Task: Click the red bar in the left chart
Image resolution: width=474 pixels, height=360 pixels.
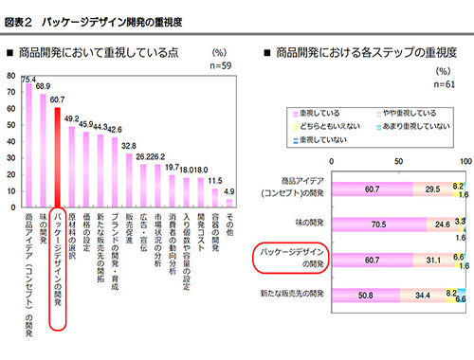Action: [58, 153]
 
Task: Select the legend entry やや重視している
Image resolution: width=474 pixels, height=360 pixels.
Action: [410, 111]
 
